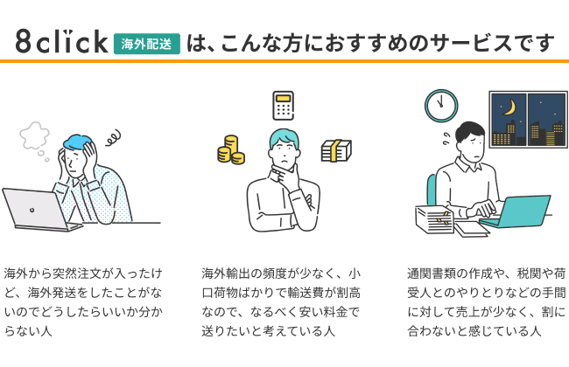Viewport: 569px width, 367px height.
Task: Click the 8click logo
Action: click(60, 41)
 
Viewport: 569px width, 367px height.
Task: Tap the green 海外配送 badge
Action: click(146, 42)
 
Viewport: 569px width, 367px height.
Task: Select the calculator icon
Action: click(282, 106)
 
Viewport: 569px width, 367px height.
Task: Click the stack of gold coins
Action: click(231, 150)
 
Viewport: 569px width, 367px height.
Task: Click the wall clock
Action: click(441, 105)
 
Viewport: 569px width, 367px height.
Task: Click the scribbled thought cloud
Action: click(34, 135)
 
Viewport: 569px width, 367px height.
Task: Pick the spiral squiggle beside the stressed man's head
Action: click(111, 136)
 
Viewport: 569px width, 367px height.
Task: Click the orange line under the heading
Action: click(284, 61)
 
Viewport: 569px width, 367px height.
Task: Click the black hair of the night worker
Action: click(470, 130)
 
